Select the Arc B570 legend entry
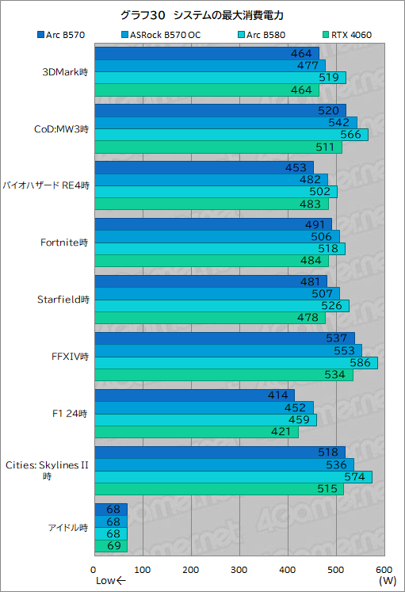[x=63, y=34]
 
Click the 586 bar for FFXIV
[x=235, y=362]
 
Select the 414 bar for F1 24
[x=194, y=395]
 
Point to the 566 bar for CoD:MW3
[x=231, y=135]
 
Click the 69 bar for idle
[x=111, y=546]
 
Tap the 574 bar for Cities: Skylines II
[x=233, y=477]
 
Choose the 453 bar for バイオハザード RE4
[x=204, y=167]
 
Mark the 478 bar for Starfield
[x=209, y=318]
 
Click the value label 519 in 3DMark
[x=333, y=78]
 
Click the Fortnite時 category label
[x=63, y=243]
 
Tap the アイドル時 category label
[x=67, y=528]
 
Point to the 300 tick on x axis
[x=239, y=570]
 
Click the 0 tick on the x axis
[x=94, y=570]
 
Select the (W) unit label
[x=388, y=581]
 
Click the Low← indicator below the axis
[x=111, y=582]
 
